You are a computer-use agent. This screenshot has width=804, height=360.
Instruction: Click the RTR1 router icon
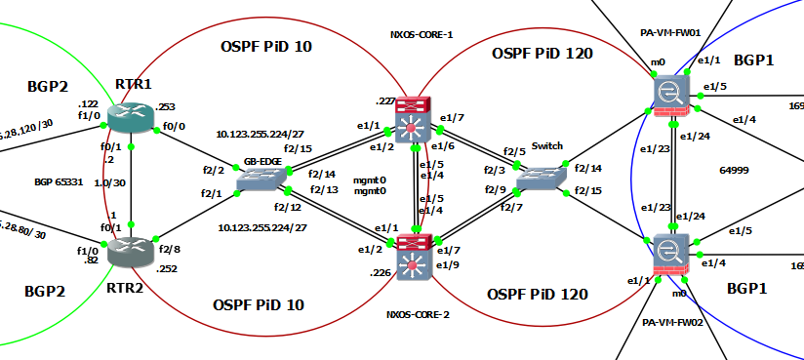(131, 118)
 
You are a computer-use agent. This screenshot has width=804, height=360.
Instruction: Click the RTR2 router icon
(131, 252)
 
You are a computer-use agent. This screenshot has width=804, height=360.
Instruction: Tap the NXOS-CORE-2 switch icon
(412, 252)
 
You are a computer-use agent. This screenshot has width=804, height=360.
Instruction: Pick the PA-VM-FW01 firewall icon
(673, 96)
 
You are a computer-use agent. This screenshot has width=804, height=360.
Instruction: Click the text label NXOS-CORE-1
(421, 34)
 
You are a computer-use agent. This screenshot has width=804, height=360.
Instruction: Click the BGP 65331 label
(58, 181)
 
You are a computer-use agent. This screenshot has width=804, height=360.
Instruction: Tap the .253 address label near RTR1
(166, 106)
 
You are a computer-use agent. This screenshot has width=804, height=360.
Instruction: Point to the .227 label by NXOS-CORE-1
(384, 100)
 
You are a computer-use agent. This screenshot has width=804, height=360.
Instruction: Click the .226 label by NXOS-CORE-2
(381, 273)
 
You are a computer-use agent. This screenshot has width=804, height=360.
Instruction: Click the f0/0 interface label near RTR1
(175, 126)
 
